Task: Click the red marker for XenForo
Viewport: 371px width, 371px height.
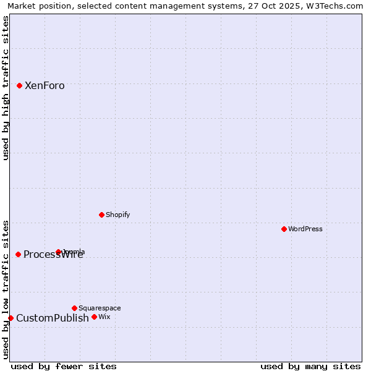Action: coord(20,85)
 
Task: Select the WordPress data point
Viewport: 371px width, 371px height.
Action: coord(284,229)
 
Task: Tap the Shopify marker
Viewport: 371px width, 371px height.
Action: coord(101,215)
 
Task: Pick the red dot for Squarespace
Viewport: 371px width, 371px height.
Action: coord(74,308)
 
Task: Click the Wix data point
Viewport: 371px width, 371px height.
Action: coord(94,317)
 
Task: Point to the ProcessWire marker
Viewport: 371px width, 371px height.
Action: coord(19,254)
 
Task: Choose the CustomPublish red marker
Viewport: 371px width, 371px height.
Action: coord(11,318)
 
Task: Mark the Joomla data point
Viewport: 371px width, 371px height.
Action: coord(59,252)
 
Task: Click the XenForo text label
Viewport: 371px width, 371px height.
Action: coord(45,86)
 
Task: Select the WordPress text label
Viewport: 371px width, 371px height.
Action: coord(305,229)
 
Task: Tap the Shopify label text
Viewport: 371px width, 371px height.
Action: coord(118,215)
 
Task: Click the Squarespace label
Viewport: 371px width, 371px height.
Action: coord(100,308)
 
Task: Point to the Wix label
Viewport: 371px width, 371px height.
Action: coord(104,317)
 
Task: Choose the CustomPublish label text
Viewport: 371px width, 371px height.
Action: coord(53,318)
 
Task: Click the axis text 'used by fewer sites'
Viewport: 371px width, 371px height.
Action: coord(64,366)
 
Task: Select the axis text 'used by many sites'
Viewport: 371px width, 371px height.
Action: coord(310,366)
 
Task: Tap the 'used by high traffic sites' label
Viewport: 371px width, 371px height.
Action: coord(6,88)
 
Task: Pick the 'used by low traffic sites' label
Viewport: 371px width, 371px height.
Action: coord(6,289)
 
